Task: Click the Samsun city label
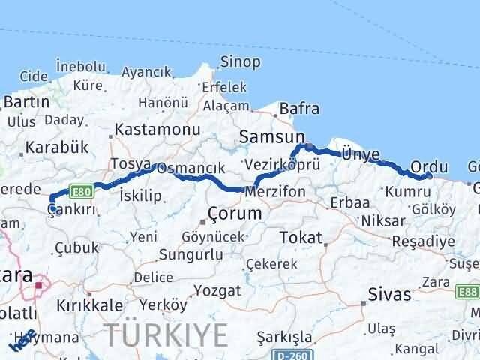pyautogui.click(x=273, y=136)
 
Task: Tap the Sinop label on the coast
pyautogui.click(x=240, y=62)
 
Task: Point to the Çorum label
pyautogui.click(x=234, y=214)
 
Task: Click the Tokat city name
pyautogui.click(x=300, y=238)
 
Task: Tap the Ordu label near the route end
pyautogui.click(x=430, y=166)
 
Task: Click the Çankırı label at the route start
pyautogui.click(x=73, y=211)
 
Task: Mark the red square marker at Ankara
pyautogui.click(x=40, y=285)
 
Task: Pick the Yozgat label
pyautogui.click(x=217, y=290)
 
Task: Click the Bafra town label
pyautogui.click(x=299, y=109)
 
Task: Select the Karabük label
pyautogui.click(x=52, y=147)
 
